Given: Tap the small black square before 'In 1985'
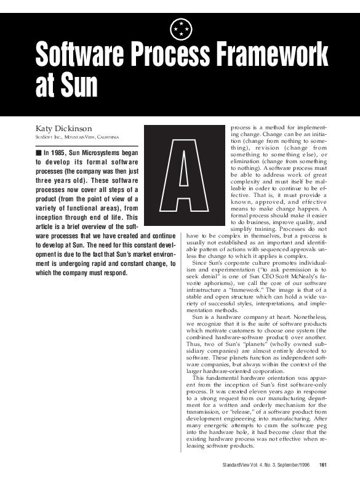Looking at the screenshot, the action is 38,151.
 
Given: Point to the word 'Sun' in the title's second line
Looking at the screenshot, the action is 76,86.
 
